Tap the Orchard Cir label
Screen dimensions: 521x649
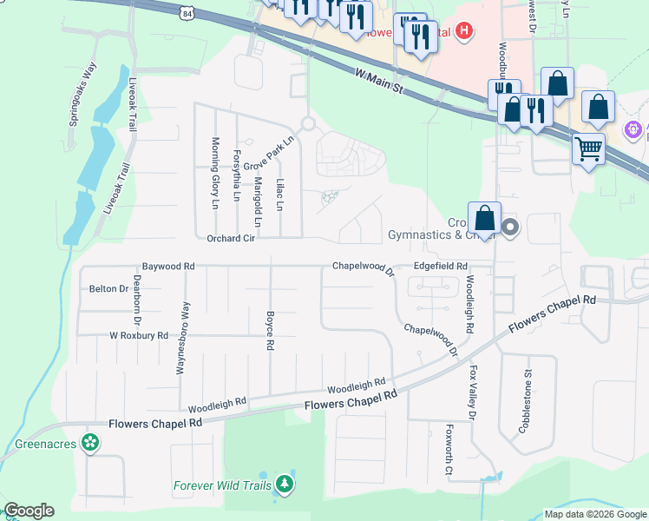click(230, 238)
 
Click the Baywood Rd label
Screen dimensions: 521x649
click(168, 267)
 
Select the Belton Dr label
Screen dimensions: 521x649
click(108, 288)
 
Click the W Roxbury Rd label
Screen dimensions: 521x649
click(138, 335)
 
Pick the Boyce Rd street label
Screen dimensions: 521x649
click(270, 331)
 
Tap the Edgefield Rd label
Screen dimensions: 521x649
click(440, 267)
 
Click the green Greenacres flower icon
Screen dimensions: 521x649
click(88, 443)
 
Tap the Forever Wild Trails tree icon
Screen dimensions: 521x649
click(285, 485)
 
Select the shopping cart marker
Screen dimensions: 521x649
click(588, 149)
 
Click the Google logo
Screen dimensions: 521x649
click(29, 511)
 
